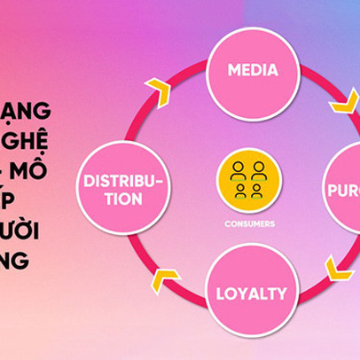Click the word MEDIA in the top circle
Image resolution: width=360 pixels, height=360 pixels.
pyautogui.click(x=252, y=70)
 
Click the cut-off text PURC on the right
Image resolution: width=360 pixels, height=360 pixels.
pyautogui.click(x=344, y=190)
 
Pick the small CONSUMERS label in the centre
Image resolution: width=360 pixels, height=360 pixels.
pyautogui.click(x=250, y=223)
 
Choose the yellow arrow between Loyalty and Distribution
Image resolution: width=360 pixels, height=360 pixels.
pyautogui.click(x=160, y=280)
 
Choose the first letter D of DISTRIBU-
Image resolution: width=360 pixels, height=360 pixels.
pyautogui.click(x=87, y=181)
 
